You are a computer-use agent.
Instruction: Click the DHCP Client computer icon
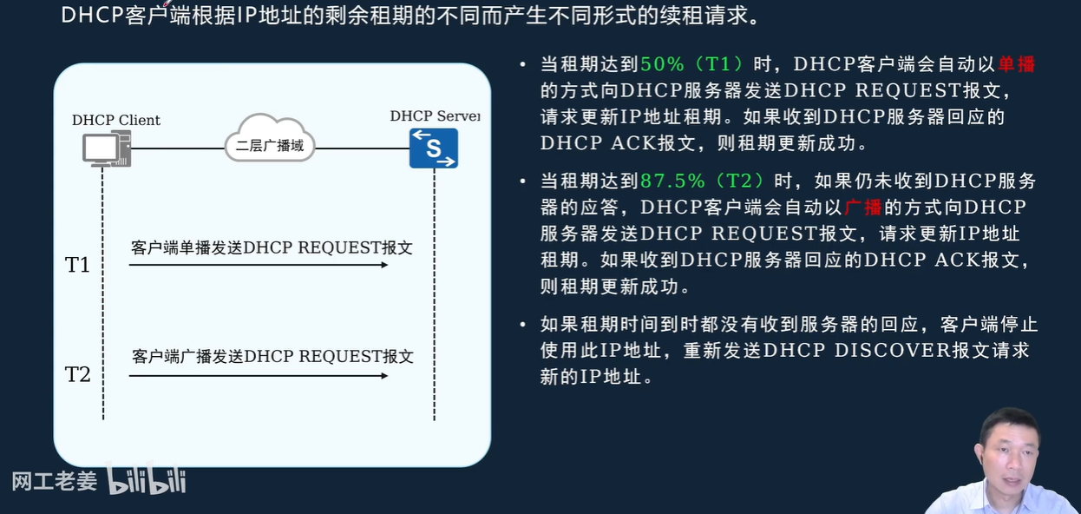click(x=106, y=148)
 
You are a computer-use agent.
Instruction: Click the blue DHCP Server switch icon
click(x=434, y=148)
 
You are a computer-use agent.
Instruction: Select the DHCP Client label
click(x=116, y=121)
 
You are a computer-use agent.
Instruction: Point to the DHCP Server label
click(x=434, y=116)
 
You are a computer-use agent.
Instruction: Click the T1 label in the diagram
click(x=78, y=265)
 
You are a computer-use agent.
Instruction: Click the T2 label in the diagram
click(x=78, y=374)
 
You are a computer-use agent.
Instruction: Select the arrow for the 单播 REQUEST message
click(x=259, y=265)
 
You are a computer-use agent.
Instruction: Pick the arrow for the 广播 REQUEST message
click(x=259, y=376)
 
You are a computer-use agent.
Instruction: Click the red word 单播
click(x=1016, y=64)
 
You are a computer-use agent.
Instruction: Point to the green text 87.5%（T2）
click(x=704, y=181)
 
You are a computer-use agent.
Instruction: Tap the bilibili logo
click(x=147, y=480)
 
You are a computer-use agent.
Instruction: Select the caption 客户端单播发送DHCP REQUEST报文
click(x=272, y=247)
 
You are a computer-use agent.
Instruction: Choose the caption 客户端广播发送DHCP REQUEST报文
click(x=272, y=357)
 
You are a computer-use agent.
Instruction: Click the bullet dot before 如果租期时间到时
click(x=522, y=325)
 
